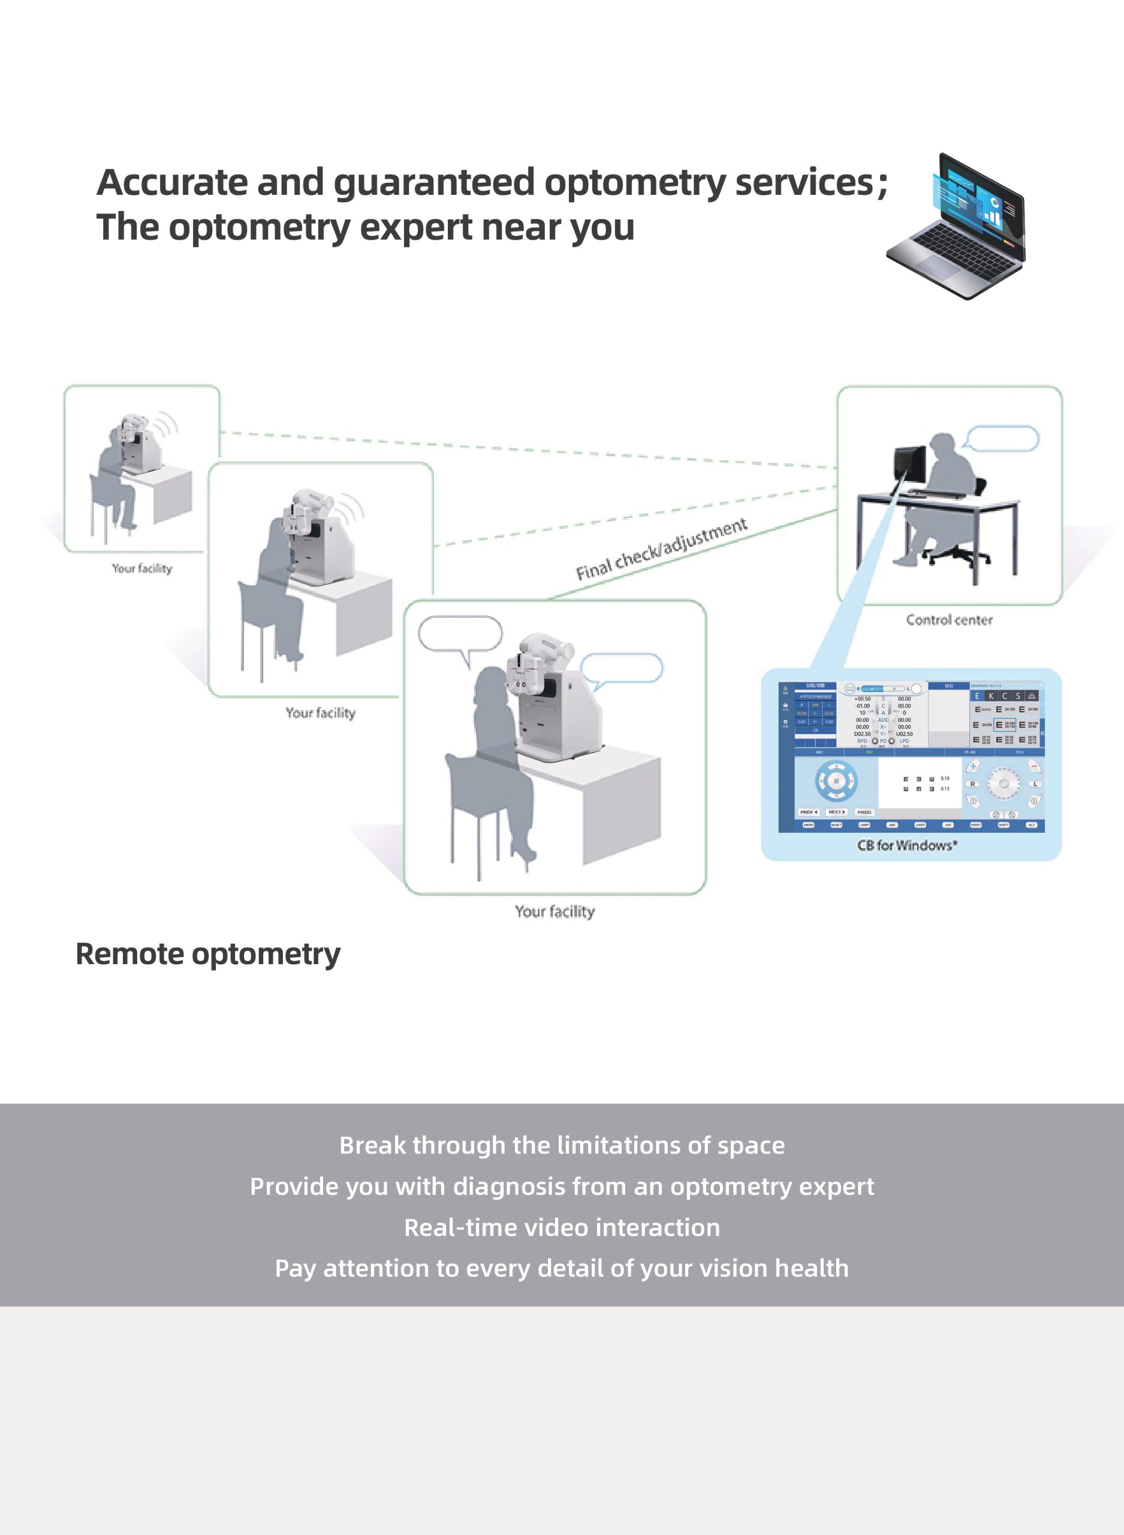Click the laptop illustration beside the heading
click(x=956, y=227)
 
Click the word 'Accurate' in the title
click(x=172, y=182)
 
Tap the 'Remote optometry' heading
click(x=207, y=954)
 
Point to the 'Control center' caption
click(x=948, y=620)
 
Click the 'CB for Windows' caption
click(x=907, y=845)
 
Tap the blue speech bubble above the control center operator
click(x=1002, y=439)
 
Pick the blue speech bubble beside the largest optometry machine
click(x=621, y=668)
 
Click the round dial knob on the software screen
click(x=1004, y=784)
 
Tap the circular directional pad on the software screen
click(x=836, y=781)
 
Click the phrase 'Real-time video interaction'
click(x=562, y=1227)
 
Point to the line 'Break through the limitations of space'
click(x=562, y=1145)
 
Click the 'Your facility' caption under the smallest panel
click(x=141, y=568)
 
